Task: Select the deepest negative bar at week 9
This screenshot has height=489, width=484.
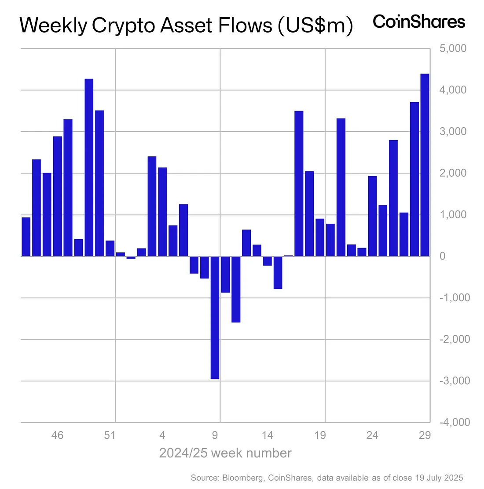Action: point(215,317)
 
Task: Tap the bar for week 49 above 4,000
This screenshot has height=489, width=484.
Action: point(89,167)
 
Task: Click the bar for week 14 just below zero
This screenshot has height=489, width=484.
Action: point(268,261)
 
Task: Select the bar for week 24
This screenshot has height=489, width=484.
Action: point(373,216)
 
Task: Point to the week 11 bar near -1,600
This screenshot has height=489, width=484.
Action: point(236,289)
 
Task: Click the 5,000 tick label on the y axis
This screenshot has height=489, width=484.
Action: point(453,48)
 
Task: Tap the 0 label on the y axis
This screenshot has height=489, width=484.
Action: point(443,256)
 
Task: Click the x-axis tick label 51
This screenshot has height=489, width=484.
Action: point(110,436)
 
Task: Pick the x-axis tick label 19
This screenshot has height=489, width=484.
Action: point(320,436)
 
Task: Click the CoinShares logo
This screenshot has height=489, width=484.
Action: point(419,22)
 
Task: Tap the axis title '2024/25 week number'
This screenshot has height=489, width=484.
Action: point(225,453)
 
